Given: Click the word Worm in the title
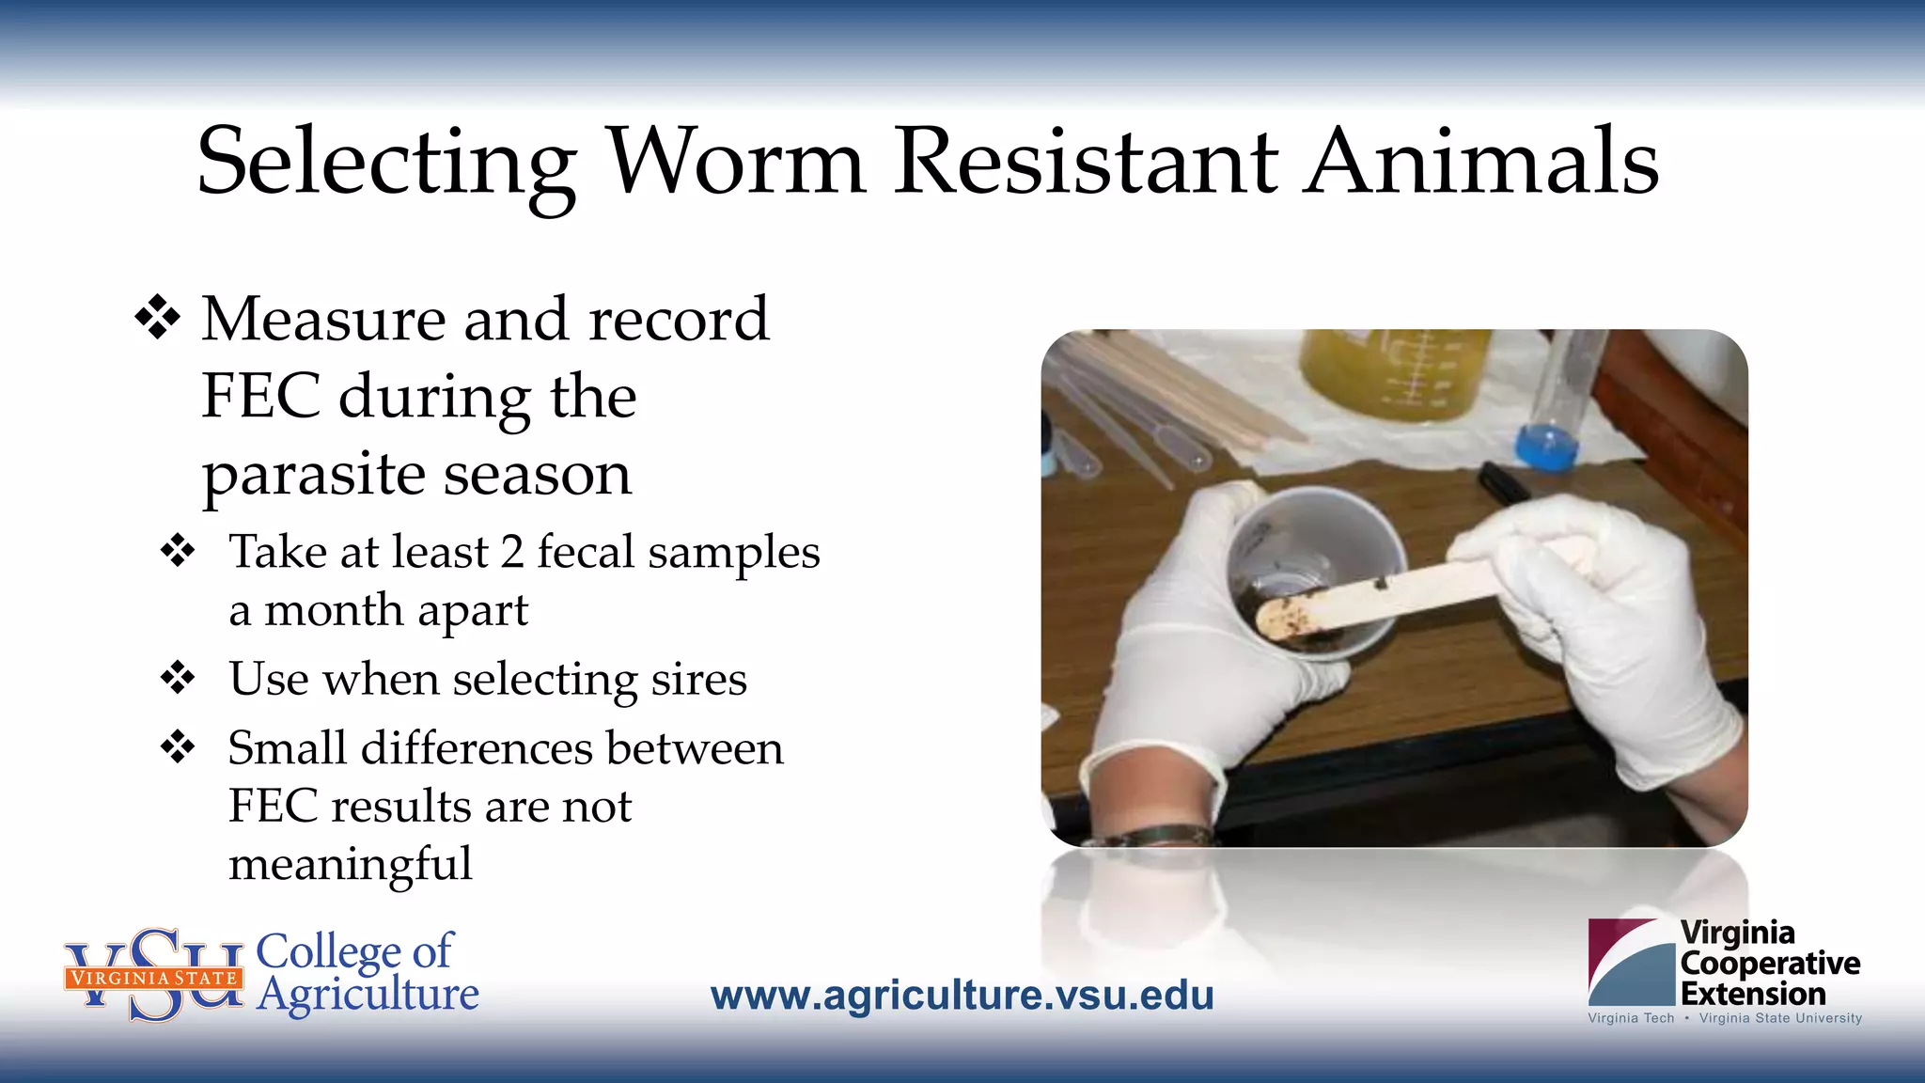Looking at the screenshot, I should (737, 162).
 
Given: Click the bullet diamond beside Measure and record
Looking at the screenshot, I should (157, 318).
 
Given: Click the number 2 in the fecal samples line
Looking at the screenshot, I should (512, 552).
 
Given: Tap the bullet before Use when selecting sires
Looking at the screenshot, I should (178, 677).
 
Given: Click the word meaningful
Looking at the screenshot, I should (350, 864).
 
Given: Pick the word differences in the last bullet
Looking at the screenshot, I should (477, 748).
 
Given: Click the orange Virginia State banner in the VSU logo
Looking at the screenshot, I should (153, 978).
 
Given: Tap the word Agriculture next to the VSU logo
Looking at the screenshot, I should (368, 995).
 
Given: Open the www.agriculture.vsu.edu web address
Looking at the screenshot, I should (962, 996).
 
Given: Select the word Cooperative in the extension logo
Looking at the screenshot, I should (1770, 964).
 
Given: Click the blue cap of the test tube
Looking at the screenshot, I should (1545, 446).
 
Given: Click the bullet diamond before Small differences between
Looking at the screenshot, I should (178, 747).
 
